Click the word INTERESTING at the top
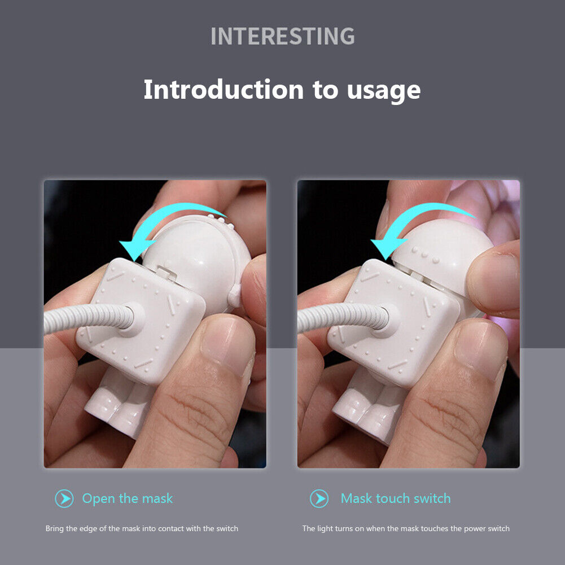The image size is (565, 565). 282,36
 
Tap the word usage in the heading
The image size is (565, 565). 383,91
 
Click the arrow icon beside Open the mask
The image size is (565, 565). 64,498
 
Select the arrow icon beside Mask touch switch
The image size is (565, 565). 319,498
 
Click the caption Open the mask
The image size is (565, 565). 128,498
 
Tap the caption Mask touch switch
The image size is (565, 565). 396,498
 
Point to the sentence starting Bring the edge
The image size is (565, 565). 142,529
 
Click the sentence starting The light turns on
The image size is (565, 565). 406,529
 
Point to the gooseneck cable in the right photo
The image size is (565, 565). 342,318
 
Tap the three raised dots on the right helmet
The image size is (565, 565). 426,255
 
